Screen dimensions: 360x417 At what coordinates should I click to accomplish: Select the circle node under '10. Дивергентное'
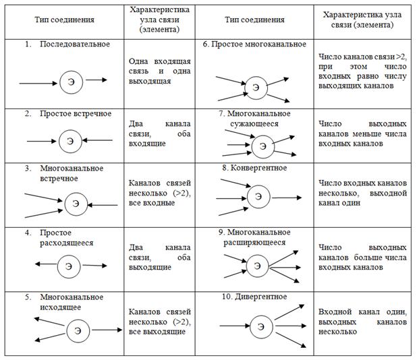(x=257, y=326)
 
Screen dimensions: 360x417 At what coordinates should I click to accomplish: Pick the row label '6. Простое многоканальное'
(x=254, y=44)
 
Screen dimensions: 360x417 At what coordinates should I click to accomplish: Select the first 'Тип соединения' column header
(x=64, y=19)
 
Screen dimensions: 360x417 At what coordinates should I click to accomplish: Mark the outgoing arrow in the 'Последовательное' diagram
(x=95, y=80)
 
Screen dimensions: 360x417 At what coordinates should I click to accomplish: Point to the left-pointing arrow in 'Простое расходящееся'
(x=42, y=264)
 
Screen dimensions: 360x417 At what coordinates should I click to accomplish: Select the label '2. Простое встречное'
(x=67, y=113)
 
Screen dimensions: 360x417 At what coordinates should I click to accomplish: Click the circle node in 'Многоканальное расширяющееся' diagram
(x=257, y=266)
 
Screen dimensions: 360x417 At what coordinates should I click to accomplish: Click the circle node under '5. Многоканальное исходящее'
(x=77, y=330)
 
